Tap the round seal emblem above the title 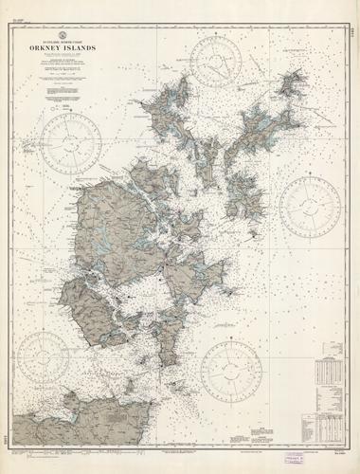coord(77,34)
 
